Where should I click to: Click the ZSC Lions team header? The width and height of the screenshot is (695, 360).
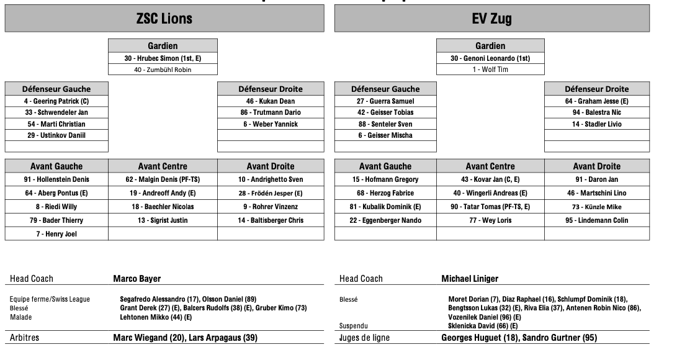pyautogui.click(x=164, y=19)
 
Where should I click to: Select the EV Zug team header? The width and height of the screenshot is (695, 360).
pyautogui.click(x=491, y=19)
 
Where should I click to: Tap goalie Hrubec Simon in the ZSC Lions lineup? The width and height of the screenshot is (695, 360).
pyautogui.click(x=163, y=58)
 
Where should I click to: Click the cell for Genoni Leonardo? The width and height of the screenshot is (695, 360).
pyautogui.click(x=490, y=58)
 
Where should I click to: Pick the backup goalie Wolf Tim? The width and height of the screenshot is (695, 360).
pyautogui.click(x=490, y=70)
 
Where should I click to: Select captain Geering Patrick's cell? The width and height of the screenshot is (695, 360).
pyautogui.click(x=56, y=101)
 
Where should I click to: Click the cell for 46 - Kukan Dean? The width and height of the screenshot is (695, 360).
pyautogui.click(x=270, y=101)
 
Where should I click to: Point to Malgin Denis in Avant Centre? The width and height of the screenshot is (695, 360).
pyautogui.click(x=163, y=179)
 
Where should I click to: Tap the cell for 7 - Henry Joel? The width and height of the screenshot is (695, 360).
pyautogui.click(x=56, y=234)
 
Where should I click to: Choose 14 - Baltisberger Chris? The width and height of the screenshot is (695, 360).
pyautogui.click(x=270, y=220)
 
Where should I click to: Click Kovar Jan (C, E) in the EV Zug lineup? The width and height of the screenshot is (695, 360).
pyautogui.click(x=490, y=179)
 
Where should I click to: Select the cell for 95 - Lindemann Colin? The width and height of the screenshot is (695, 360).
pyautogui.click(x=596, y=220)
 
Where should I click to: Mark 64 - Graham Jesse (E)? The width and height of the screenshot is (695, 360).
pyautogui.click(x=596, y=101)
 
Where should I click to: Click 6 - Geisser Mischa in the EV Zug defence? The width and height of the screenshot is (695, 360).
pyautogui.click(x=385, y=135)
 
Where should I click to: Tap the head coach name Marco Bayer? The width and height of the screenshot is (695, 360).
pyautogui.click(x=137, y=279)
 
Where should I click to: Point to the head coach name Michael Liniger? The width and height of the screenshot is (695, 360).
pyautogui.click(x=470, y=279)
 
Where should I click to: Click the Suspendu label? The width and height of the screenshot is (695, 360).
pyautogui.click(x=354, y=325)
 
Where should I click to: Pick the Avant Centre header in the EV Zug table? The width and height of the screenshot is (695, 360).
pyautogui.click(x=490, y=166)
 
